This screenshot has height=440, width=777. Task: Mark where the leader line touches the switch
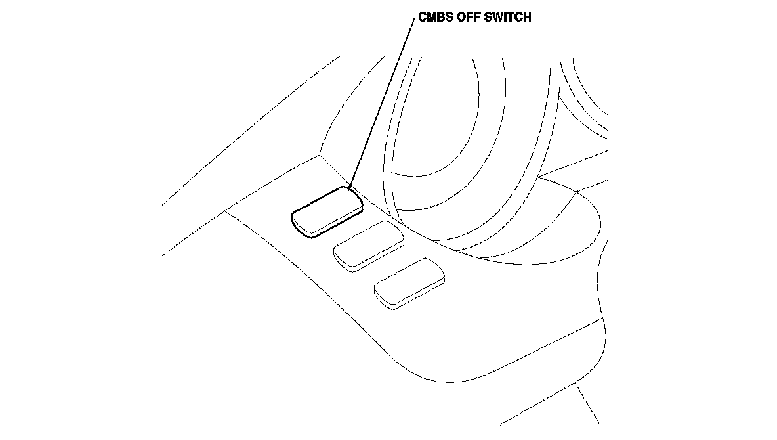pyautogui.click(x=349, y=189)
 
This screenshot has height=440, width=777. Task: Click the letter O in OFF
pyautogui.click(x=463, y=18)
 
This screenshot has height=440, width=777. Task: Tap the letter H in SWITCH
pyautogui.click(x=527, y=18)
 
